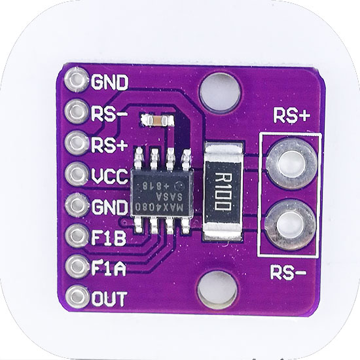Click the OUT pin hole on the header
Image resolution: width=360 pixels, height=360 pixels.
pyautogui.click(x=77, y=297)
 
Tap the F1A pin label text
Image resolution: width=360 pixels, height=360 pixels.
pyautogui.click(x=109, y=268)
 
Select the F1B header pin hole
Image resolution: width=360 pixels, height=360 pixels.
pyautogui.click(x=77, y=236)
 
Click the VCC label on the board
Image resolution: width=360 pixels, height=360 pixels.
pyautogui.click(x=109, y=176)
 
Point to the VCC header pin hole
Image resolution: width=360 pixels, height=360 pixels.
pyautogui.click(x=77, y=174)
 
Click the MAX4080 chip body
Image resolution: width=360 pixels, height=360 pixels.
pyautogui.click(x=162, y=192)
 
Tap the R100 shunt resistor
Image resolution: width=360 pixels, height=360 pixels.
pyautogui.click(x=223, y=191)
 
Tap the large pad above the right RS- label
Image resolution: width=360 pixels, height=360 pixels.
pyautogui.click(x=291, y=225)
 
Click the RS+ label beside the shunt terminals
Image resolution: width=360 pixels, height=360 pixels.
pyautogui.click(x=291, y=115)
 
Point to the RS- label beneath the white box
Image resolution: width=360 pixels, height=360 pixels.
pyautogui.click(x=288, y=272)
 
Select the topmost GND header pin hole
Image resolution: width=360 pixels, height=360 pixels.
pyautogui.click(x=77, y=80)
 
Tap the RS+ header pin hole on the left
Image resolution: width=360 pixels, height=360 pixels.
pyautogui.click(x=77, y=142)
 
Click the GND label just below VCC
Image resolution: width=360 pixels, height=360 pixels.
pyautogui.click(x=109, y=207)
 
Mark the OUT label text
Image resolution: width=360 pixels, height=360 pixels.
pyautogui.click(x=109, y=299)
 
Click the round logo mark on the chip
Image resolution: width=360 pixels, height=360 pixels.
pyautogui.click(x=179, y=185)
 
